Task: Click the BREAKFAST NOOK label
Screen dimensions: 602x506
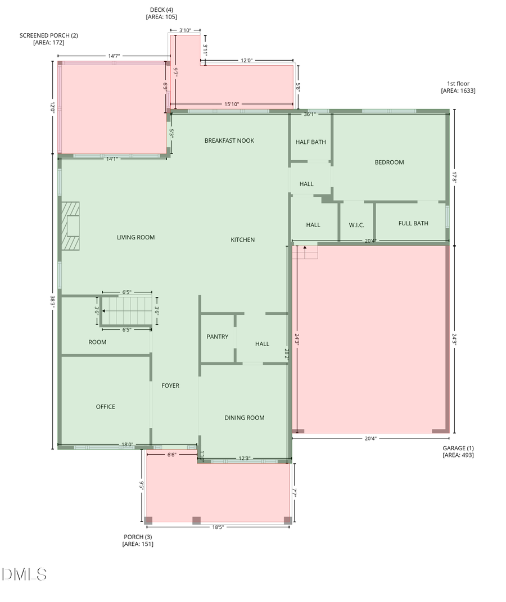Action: click(229, 141)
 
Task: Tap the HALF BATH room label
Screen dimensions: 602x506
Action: click(310, 142)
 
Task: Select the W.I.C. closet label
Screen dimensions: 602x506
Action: click(356, 225)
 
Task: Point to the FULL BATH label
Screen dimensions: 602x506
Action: click(413, 223)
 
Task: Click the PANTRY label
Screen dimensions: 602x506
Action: click(217, 337)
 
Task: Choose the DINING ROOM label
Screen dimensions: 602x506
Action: click(244, 418)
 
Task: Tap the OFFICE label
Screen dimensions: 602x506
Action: click(105, 406)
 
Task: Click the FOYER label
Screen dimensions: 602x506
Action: click(170, 386)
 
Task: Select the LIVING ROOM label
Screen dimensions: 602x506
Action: click(135, 237)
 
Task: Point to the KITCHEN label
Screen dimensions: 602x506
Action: click(242, 239)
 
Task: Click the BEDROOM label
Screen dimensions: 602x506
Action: click(389, 162)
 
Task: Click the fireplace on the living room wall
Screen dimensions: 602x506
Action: click(71, 225)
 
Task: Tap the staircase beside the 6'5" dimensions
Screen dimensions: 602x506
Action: click(126, 311)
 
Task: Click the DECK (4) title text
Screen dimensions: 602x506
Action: click(161, 10)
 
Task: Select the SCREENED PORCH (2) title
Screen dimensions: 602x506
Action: click(49, 35)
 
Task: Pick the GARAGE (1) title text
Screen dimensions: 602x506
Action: click(458, 448)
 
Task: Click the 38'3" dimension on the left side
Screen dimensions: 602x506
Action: click(53, 301)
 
